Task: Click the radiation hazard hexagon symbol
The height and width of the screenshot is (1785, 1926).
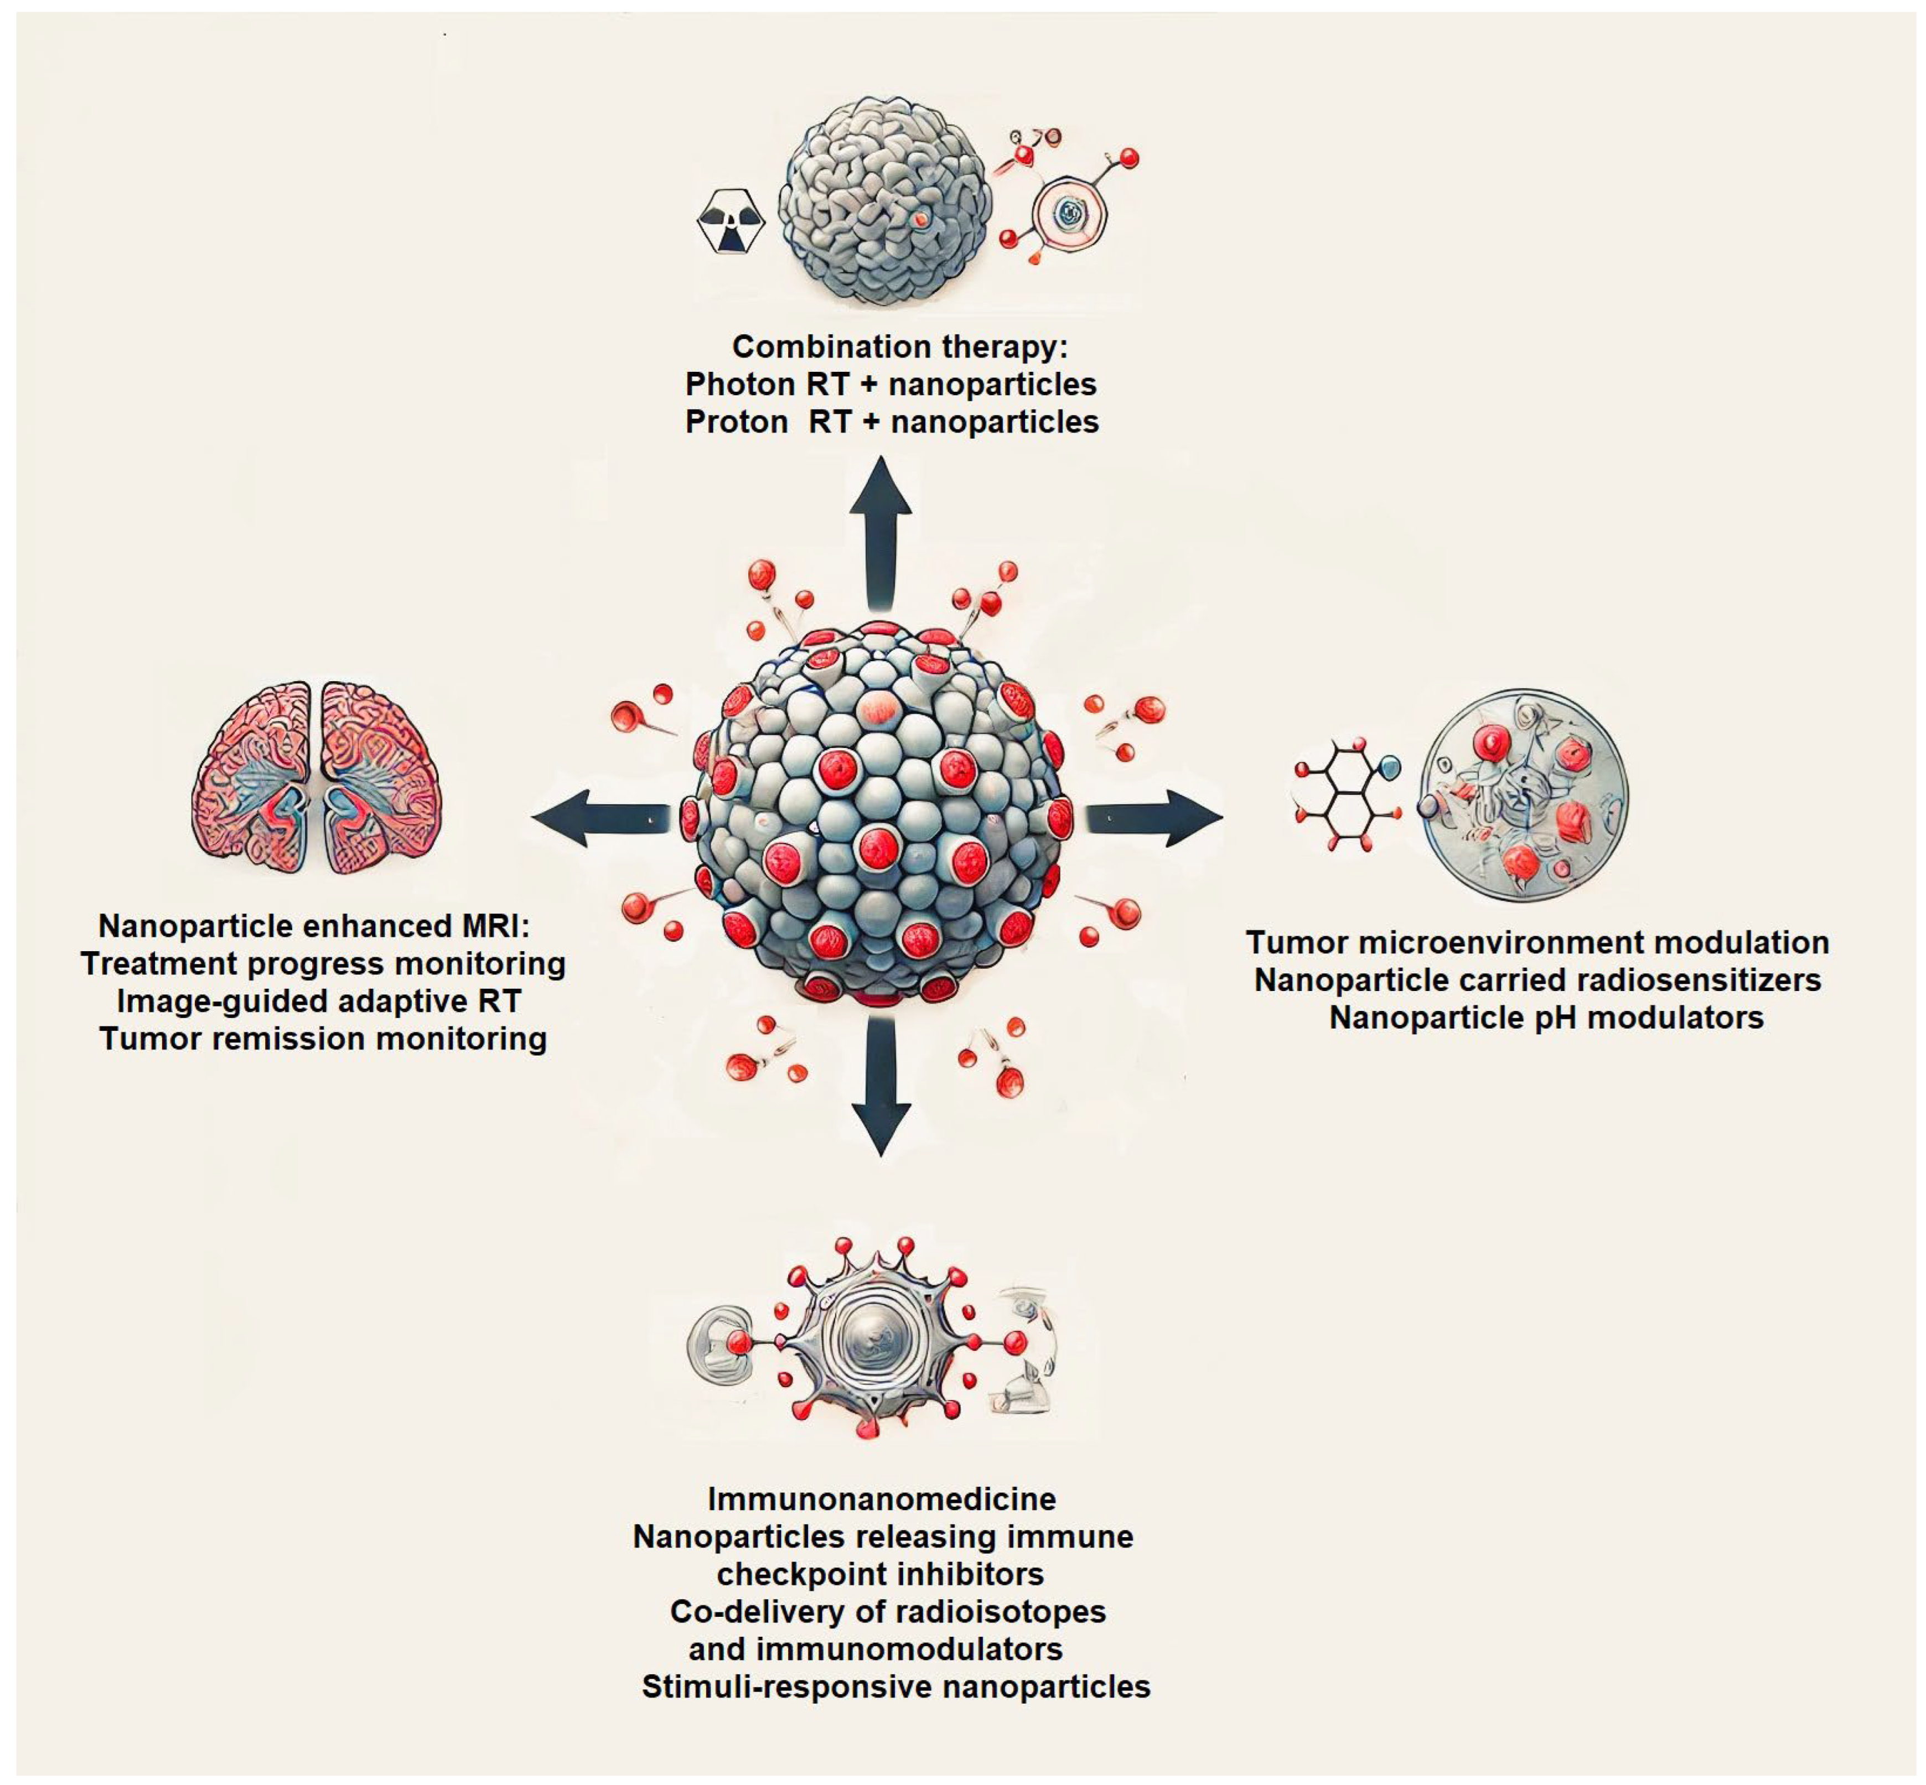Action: pyautogui.click(x=730, y=221)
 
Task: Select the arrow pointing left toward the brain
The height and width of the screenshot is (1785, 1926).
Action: pyautogui.click(x=599, y=817)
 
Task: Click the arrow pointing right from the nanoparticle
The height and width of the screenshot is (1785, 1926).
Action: pyautogui.click(x=1155, y=817)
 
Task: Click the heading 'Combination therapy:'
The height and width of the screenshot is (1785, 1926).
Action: pyautogui.click(x=899, y=346)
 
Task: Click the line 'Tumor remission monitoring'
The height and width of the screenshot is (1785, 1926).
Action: pyautogui.click(x=323, y=1039)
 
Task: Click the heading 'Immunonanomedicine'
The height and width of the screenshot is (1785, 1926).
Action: pyautogui.click(x=881, y=1498)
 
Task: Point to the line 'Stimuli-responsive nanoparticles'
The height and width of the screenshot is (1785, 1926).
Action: pyautogui.click(x=895, y=1687)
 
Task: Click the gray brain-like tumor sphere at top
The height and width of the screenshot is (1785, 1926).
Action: pyautogui.click(x=884, y=201)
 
